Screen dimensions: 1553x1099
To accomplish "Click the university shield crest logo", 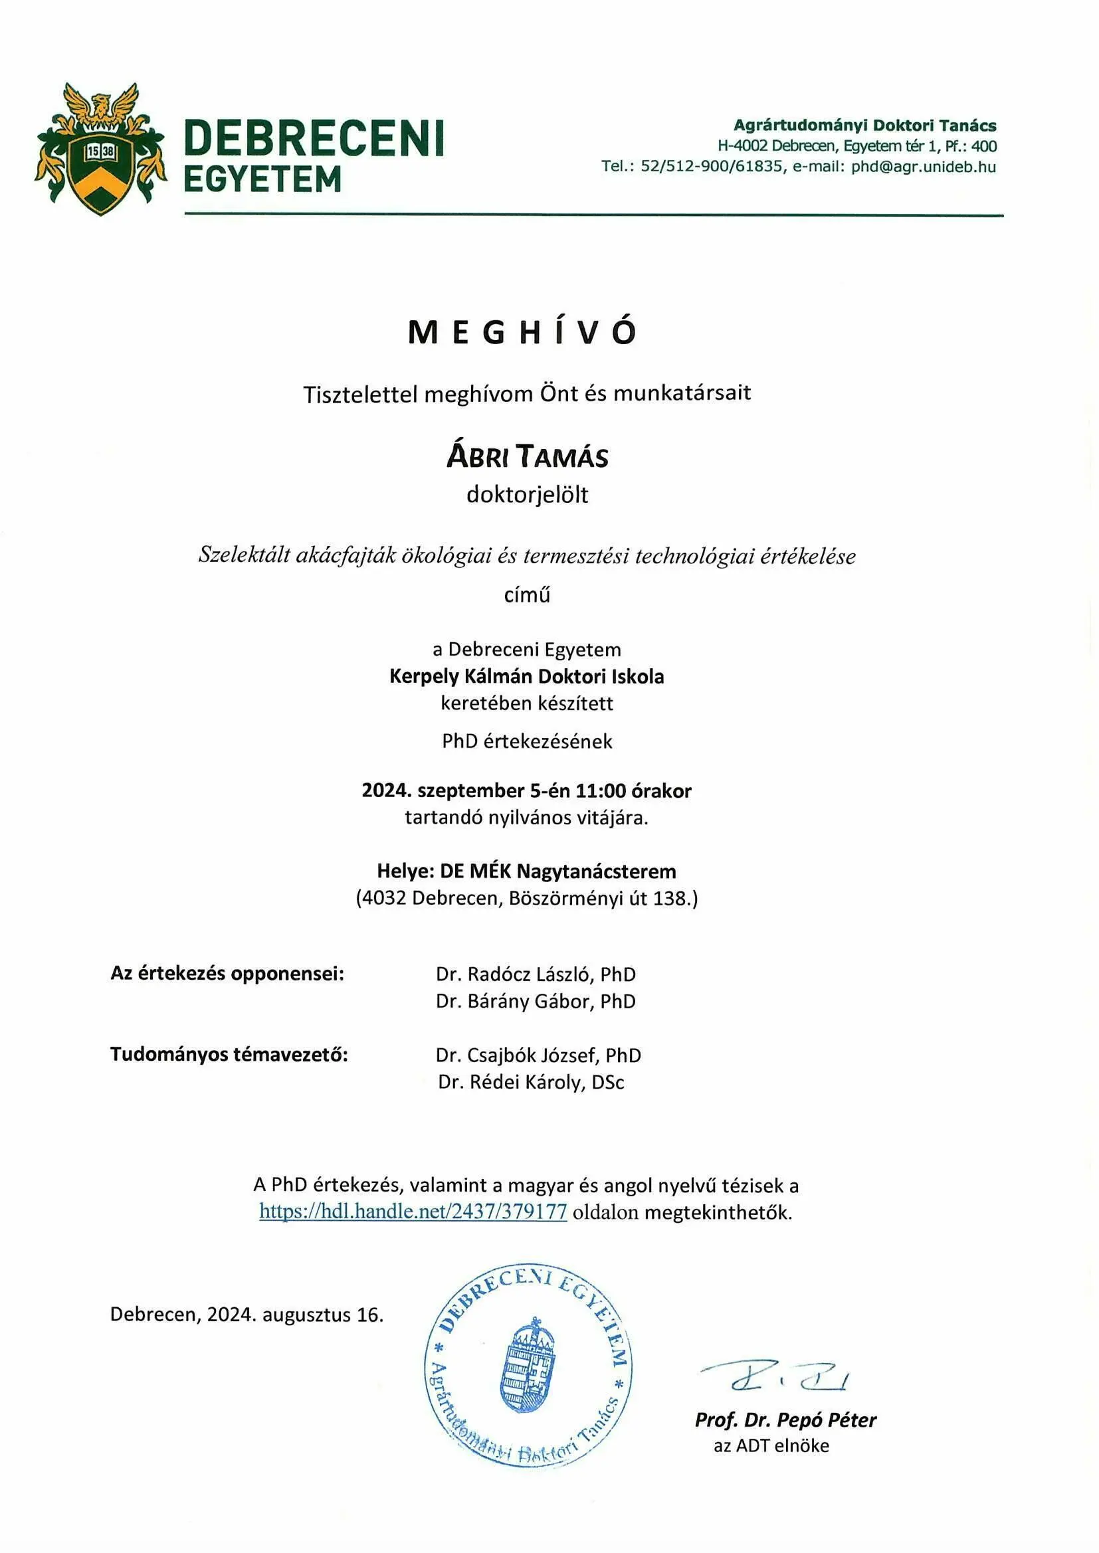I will coord(101,150).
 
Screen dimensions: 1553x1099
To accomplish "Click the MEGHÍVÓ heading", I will coord(522,333).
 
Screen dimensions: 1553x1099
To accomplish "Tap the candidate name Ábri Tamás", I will coord(527,456).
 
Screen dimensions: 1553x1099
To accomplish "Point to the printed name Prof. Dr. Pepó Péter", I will coord(785,1419).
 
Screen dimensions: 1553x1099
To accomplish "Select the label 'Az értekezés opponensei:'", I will coord(227,973).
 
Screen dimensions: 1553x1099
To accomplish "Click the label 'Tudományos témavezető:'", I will coord(229,1055).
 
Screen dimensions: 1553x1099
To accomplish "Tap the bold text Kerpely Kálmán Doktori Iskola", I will coord(526,676).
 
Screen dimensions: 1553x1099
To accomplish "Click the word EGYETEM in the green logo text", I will coord(262,180).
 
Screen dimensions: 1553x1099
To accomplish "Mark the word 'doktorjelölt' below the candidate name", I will coord(527,494).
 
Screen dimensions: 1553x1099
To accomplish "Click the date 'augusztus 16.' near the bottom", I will coord(323,1315).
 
